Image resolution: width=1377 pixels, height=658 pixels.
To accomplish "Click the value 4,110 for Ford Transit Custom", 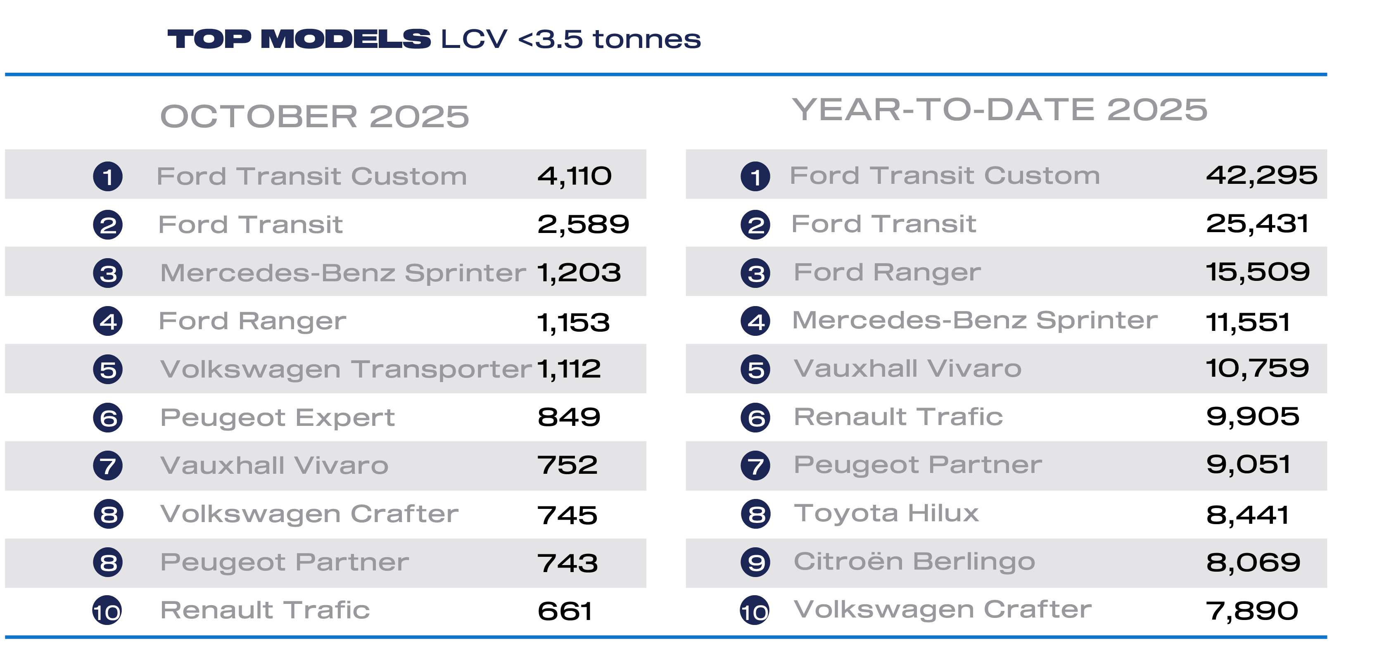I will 574,176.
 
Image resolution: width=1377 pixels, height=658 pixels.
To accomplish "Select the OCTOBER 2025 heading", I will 314,116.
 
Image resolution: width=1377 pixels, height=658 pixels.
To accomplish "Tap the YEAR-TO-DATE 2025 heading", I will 999,110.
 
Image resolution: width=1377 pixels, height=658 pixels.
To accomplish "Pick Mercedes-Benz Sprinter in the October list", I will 343,273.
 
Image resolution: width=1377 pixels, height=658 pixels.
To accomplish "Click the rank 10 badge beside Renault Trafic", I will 107,611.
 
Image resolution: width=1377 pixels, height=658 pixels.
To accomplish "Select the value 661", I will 565,611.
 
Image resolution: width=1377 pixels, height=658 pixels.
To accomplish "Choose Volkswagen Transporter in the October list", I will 346,369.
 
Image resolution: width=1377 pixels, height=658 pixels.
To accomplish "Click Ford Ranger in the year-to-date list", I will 887,273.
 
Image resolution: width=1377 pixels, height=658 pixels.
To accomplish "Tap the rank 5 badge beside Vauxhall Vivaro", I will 755,369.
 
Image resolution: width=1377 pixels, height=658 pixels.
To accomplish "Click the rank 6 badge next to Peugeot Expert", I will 108,418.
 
